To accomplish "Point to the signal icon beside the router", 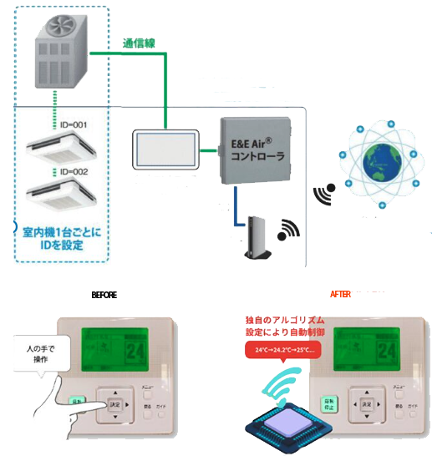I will click(x=289, y=228).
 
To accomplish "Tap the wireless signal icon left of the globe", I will click(x=324, y=194).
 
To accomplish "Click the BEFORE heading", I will click(x=104, y=296).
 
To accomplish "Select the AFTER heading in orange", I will click(x=340, y=295).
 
